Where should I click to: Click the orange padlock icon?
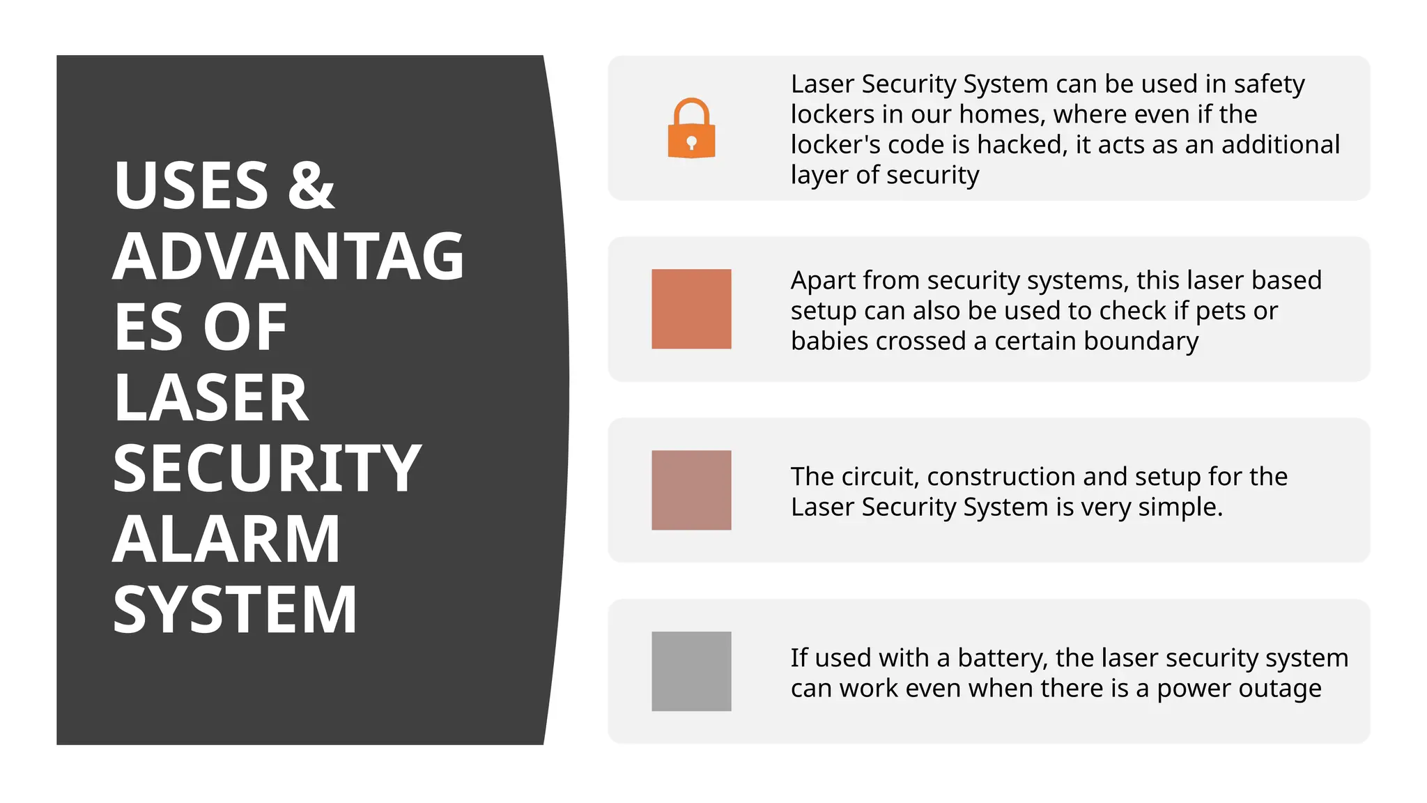pos(691,129)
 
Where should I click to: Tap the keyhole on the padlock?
pos(691,143)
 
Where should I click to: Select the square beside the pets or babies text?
pos(691,309)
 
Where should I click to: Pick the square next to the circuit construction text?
pos(691,490)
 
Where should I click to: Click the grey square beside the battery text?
pos(691,671)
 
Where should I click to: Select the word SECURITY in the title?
pos(267,468)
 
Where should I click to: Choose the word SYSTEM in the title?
pos(235,610)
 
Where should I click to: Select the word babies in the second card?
pos(829,341)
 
